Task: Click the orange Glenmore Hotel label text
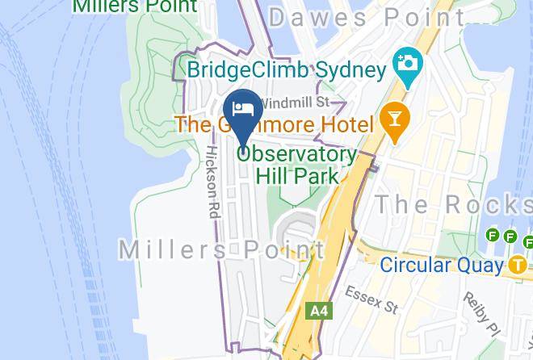pos(275,124)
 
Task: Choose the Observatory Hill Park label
pos(296,163)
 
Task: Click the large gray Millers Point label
pos(222,249)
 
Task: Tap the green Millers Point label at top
pos(135,6)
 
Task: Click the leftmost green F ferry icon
pos(493,236)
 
